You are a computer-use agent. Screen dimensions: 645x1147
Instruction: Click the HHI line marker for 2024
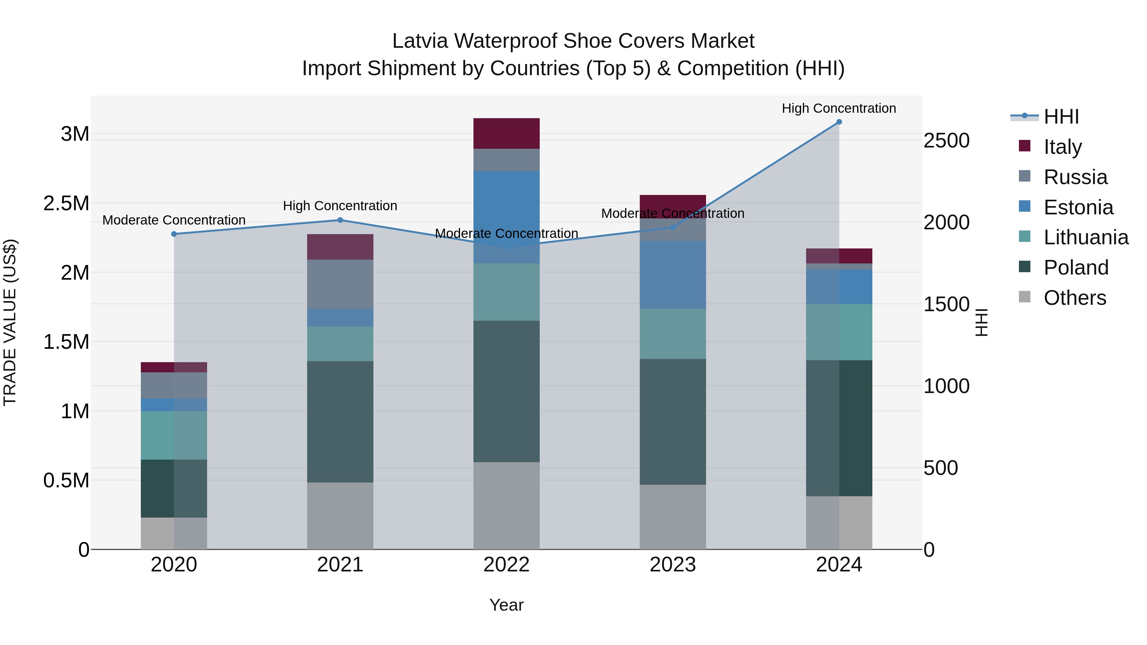coord(839,122)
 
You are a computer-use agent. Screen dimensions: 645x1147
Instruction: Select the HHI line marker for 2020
coord(174,234)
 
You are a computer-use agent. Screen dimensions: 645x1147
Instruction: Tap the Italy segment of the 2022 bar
coord(506,133)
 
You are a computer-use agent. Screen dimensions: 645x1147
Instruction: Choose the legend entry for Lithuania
coord(1086,237)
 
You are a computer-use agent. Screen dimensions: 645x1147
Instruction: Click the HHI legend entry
coord(1061,117)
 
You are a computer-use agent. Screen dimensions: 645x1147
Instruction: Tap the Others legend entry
coord(1074,297)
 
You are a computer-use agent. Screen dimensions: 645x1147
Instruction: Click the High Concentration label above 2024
coord(839,108)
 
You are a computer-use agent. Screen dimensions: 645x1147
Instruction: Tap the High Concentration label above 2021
coord(340,206)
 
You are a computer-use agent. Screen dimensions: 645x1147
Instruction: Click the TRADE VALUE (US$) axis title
coord(10,322)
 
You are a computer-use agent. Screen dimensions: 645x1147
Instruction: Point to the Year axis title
coord(506,605)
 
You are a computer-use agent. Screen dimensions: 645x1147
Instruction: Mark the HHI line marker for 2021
coord(340,220)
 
